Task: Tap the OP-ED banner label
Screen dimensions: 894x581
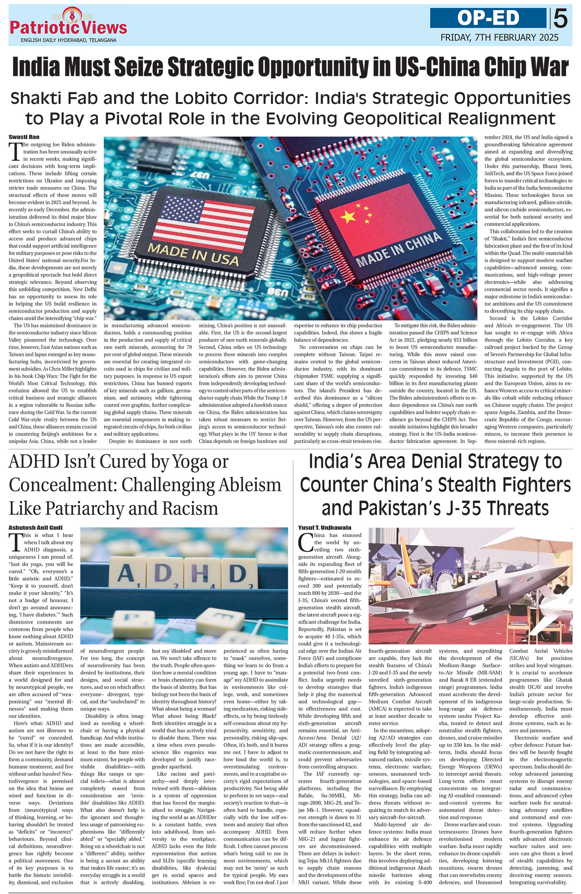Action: [x=488, y=18]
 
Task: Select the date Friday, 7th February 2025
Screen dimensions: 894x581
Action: [x=499, y=37]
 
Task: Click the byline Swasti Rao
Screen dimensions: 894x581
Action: [x=24, y=137]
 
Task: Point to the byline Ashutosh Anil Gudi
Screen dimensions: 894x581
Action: [x=35, y=527]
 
